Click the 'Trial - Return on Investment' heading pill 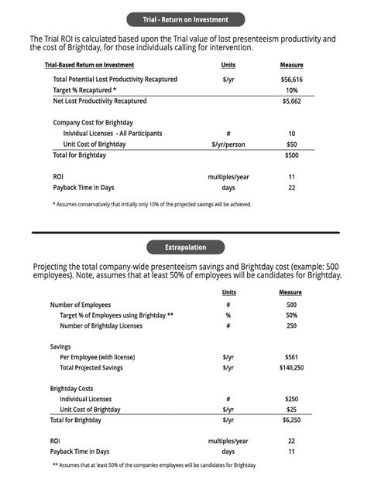[x=185, y=19]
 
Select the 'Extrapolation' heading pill [x=185, y=247]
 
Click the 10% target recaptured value [x=291, y=90]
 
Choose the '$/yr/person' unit [x=228, y=144]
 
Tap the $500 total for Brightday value [x=291, y=155]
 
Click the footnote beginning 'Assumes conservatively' [x=152, y=204]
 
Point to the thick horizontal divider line [x=185, y=232]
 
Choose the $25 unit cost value [x=291, y=409]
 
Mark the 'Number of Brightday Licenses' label [x=101, y=325]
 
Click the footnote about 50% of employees [x=153, y=465]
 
